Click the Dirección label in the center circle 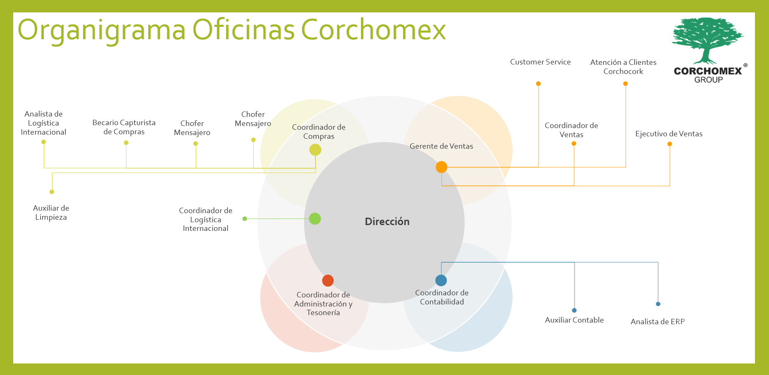point(387,222)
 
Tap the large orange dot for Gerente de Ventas point(441,167)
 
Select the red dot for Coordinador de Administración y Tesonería point(328,280)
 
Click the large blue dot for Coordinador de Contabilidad point(441,280)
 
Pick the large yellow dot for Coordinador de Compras point(315,150)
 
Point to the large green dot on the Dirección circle point(315,218)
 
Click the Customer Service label point(540,62)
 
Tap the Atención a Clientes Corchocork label point(623,67)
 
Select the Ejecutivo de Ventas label point(669,134)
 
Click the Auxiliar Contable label point(574,320)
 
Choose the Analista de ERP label point(657,322)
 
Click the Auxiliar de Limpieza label point(51,213)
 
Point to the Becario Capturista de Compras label point(124,127)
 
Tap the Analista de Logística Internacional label point(43,123)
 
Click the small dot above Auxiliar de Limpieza point(52,192)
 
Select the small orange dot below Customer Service point(538,84)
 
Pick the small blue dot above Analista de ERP point(658,304)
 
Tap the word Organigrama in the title point(102,30)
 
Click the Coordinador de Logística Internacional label point(206,219)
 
